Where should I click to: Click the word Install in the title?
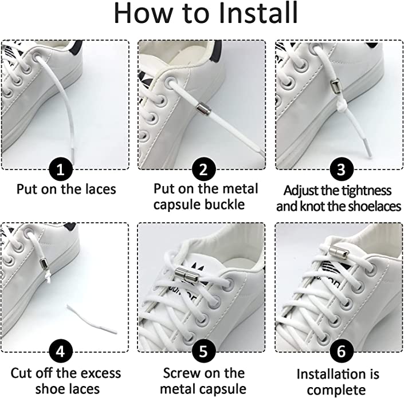[249, 13]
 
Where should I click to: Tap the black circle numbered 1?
[61, 170]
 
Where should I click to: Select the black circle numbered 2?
[203, 169]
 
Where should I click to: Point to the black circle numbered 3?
[341, 169]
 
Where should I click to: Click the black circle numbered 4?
[61, 351]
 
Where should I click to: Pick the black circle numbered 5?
[203, 351]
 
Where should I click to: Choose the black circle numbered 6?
[341, 351]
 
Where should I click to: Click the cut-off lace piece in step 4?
[92, 319]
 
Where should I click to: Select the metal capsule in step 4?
[43, 263]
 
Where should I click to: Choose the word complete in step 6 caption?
[336, 391]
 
